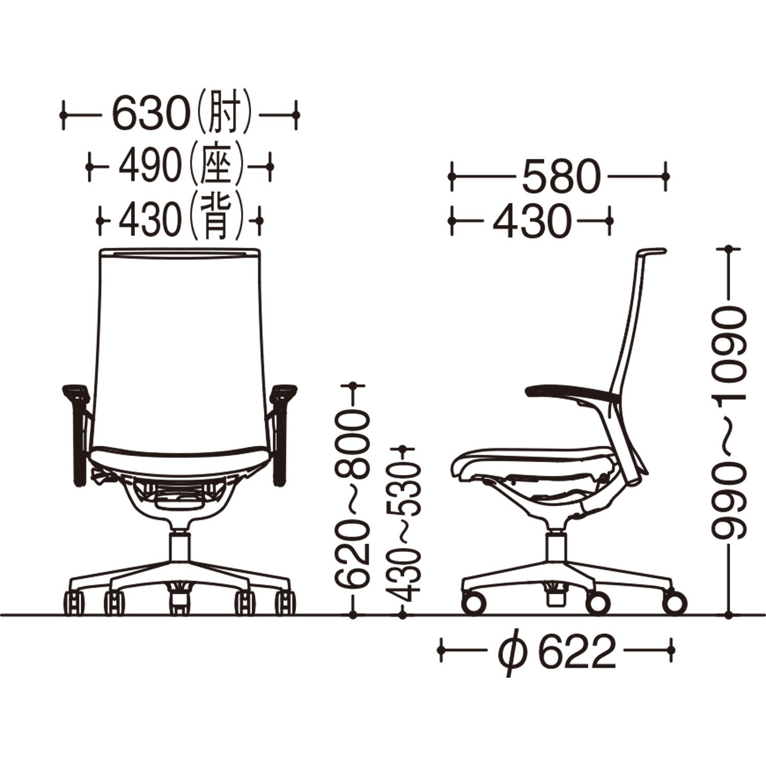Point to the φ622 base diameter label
point(557,652)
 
